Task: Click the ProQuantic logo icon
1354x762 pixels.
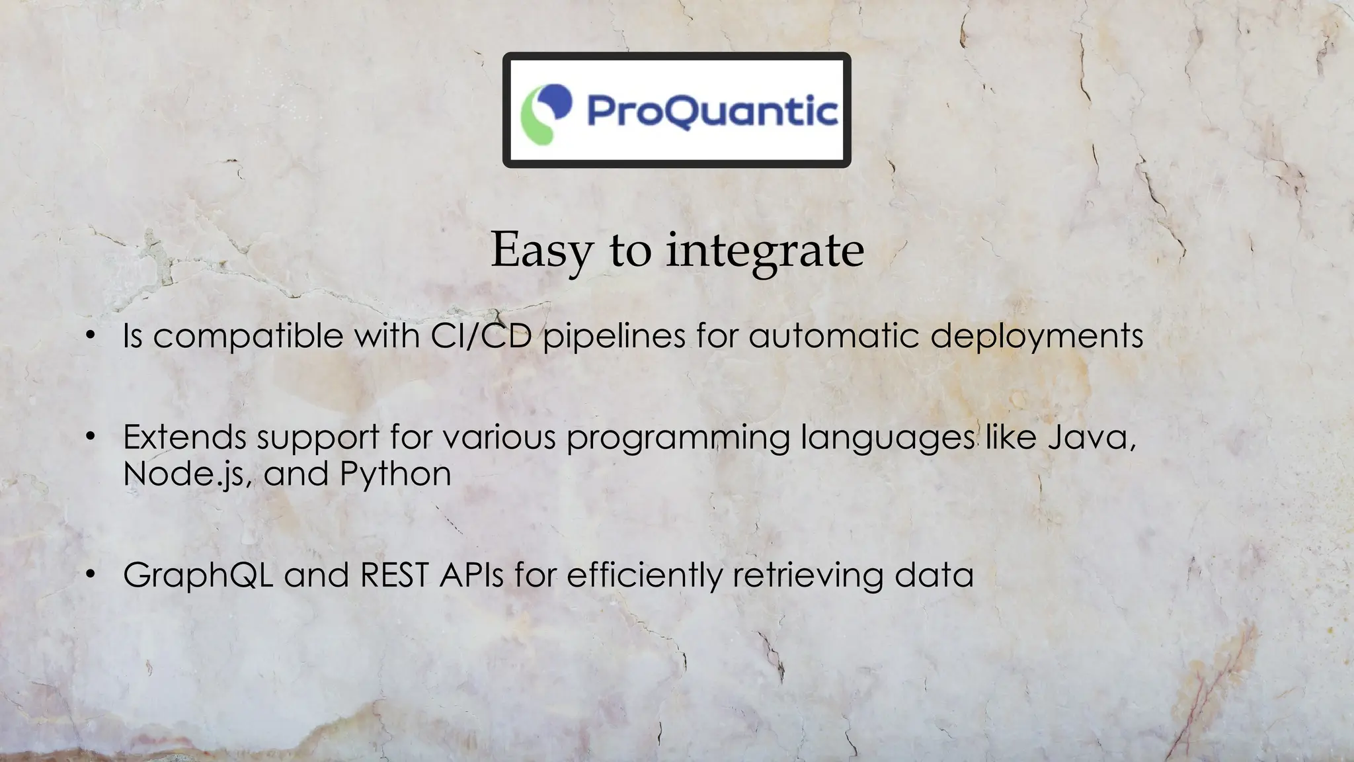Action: point(546,113)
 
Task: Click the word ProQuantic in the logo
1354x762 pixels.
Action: point(712,110)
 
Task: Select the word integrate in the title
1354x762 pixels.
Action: point(765,251)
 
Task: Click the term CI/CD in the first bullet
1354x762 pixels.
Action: point(481,335)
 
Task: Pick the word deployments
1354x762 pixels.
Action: point(1037,336)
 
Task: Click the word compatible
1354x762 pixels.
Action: point(248,336)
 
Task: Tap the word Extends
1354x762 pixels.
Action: point(185,437)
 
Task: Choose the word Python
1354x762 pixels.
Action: point(395,474)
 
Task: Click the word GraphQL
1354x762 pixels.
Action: point(198,575)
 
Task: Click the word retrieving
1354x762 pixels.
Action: point(808,575)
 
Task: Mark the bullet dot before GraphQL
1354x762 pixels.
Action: point(91,573)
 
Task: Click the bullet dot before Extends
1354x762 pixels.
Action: point(91,437)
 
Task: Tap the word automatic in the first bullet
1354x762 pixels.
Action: point(834,335)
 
